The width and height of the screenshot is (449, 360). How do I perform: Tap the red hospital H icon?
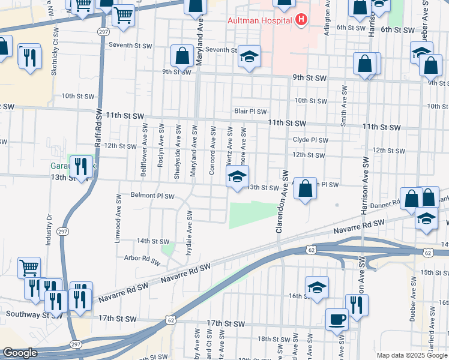pyautogui.click(x=301, y=20)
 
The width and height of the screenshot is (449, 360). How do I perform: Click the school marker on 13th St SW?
pyautogui.click(x=237, y=177)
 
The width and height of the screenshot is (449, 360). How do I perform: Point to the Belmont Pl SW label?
pyautogui.click(x=152, y=196)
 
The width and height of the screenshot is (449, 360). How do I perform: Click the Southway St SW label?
pyautogui.click(x=27, y=314)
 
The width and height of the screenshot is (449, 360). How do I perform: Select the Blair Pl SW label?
pyautogui.click(x=250, y=111)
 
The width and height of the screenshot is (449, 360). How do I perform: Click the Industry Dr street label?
pyautogui.click(x=49, y=230)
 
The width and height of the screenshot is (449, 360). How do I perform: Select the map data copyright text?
pyautogui.click(x=411, y=355)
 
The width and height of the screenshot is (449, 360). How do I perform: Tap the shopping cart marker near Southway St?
pyautogui.click(x=29, y=267)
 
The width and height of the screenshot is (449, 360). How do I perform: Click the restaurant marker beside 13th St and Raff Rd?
pyautogui.click(x=80, y=166)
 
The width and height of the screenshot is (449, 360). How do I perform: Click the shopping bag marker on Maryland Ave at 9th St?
pyautogui.click(x=181, y=56)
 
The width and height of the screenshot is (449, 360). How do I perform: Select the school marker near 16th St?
pyautogui.click(x=317, y=287)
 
